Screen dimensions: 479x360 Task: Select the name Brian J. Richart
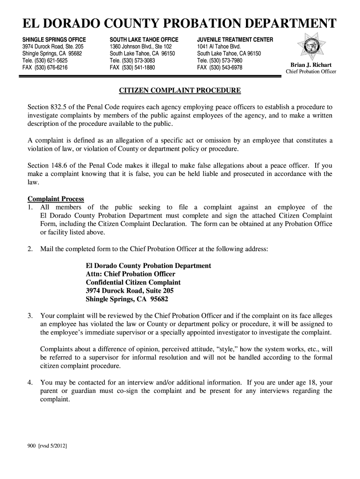click(x=311, y=65)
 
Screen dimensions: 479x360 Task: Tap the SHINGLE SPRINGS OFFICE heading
click(x=54, y=40)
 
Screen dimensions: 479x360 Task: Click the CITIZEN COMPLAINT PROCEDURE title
click(x=180, y=90)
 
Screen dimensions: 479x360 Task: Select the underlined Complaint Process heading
click(x=56, y=199)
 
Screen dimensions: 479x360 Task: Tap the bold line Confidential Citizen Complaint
click(x=133, y=283)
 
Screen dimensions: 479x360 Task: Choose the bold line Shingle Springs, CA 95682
click(x=127, y=299)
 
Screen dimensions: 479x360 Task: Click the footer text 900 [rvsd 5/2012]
click(x=47, y=446)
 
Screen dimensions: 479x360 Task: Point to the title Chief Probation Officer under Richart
click(x=311, y=72)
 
